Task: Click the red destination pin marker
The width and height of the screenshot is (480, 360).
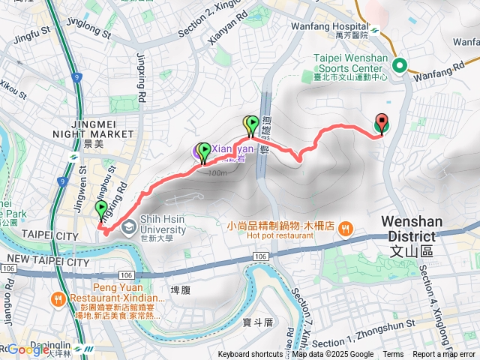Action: pyautogui.click(x=381, y=123)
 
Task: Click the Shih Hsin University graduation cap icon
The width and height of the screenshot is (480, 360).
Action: pyautogui.click(x=130, y=225)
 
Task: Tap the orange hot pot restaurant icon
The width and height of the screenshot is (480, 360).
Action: pyautogui.click(x=344, y=228)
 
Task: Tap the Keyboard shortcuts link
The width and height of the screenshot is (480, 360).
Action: pyautogui.click(x=251, y=355)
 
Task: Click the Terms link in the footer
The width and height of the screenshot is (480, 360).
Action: pyautogui.click(x=393, y=355)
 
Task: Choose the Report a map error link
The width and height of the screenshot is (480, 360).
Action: pyautogui.click(x=445, y=355)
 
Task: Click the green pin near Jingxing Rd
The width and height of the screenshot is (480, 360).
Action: pyautogui.click(x=102, y=209)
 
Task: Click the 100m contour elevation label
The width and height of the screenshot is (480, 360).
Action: pyautogui.click(x=216, y=173)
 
